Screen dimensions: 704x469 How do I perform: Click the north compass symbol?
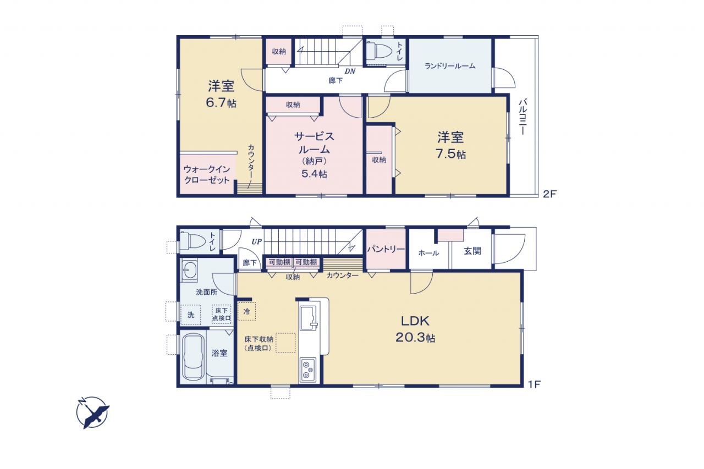pyautogui.click(x=93, y=412)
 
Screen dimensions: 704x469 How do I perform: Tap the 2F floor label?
pyautogui.click(x=549, y=194)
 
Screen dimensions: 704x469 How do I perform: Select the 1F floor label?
pyautogui.click(x=534, y=384)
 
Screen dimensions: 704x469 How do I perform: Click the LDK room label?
pyautogui.click(x=415, y=321)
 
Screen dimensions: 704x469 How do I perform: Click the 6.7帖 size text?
pyautogui.click(x=221, y=102)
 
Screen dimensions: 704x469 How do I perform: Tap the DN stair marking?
pyautogui.click(x=350, y=71)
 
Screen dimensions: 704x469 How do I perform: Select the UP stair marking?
pyautogui.click(x=256, y=241)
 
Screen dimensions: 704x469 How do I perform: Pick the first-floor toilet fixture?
pyautogui.click(x=192, y=241)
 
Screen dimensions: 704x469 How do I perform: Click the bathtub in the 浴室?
pyautogui.click(x=193, y=357)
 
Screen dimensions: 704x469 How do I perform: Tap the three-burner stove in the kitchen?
pyautogui.click(x=308, y=370)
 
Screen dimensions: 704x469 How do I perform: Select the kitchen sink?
pyautogui.click(x=309, y=318)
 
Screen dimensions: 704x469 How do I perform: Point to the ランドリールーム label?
pyautogui.click(x=450, y=66)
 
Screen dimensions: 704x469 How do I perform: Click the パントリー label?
pyautogui.click(x=386, y=250)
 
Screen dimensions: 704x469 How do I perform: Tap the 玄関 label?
pyautogui.click(x=472, y=251)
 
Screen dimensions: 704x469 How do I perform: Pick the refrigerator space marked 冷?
pyautogui.click(x=247, y=311)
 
